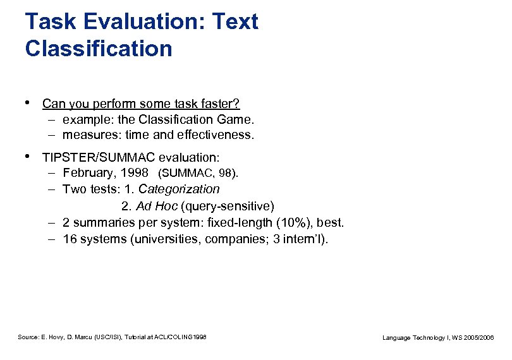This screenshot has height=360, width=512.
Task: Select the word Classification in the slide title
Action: pyautogui.click(x=99, y=49)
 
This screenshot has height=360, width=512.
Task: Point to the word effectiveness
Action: pyautogui.click(x=217, y=135)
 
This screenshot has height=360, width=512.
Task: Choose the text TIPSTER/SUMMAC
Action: pyautogui.click(x=99, y=157)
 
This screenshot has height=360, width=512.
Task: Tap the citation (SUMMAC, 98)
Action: pyautogui.click(x=198, y=173)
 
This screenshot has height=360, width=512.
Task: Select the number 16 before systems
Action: pyautogui.click(x=70, y=239)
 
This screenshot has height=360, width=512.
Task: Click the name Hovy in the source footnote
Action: pyautogui.click(x=54, y=338)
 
